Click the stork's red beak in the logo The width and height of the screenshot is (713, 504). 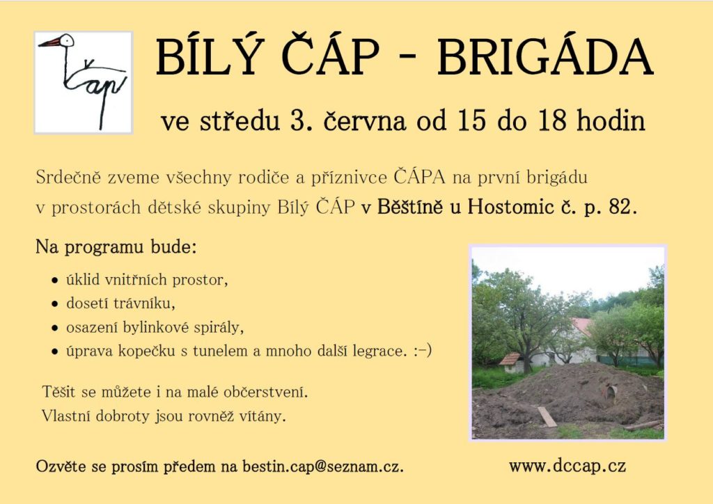coord(50,42)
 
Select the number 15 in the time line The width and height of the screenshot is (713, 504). coord(472,120)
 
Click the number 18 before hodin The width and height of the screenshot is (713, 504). coord(553,120)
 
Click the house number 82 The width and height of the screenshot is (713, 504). coord(621,207)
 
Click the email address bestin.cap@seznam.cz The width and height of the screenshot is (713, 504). coord(323,466)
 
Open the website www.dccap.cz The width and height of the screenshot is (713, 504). coord(567,466)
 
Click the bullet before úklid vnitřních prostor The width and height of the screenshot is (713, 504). coord(55,280)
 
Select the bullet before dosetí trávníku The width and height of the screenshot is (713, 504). coord(55,304)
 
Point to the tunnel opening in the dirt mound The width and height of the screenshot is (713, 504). coord(611,391)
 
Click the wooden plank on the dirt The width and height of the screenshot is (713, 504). coord(547,416)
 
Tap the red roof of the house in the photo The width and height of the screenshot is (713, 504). coord(582,325)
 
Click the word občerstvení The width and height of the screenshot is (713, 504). coord(265,392)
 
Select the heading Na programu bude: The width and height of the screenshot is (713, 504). coord(116,247)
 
